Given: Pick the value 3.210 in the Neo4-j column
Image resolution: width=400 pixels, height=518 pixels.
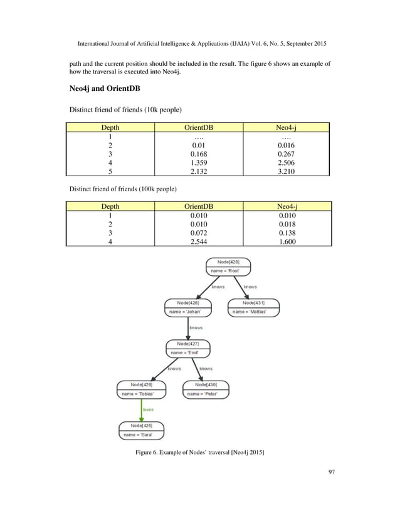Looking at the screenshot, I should pyautogui.click(x=286, y=172).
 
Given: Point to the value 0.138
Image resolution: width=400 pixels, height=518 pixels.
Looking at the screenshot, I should pyautogui.click(x=286, y=233).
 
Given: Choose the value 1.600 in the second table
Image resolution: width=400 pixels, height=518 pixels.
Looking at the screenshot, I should pyautogui.click(x=286, y=242).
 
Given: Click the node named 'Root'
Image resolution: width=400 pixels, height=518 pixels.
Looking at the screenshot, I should pyautogui.click(x=228, y=266).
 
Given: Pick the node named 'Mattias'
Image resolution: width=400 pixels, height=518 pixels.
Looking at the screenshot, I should pyautogui.click(x=253, y=307).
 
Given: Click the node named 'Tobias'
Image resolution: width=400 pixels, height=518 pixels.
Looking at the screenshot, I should pyautogui.click(x=140, y=389).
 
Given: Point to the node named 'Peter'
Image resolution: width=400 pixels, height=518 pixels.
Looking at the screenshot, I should pyautogui.click(x=206, y=389).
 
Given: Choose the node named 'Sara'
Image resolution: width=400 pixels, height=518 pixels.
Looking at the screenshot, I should pyautogui.click(x=142, y=430).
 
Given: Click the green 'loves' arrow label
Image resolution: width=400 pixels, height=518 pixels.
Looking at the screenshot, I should pyautogui.click(x=148, y=410).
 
